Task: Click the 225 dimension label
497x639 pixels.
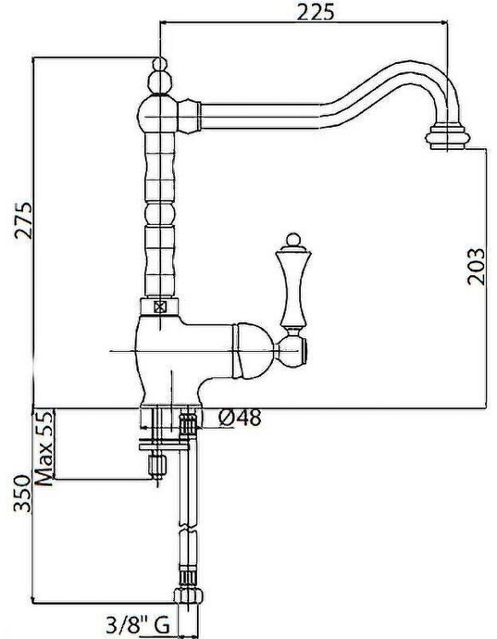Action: tap(315, 12)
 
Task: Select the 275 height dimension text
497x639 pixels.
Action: tap(23, 221)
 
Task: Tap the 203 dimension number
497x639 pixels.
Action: tap(476, 267)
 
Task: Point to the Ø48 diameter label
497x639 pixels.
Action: tap(239, 417)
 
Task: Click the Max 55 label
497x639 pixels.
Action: tap(44, 448)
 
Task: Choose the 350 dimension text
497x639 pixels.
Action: tap(23, 493)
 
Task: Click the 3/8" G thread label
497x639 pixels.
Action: tap(138, 625)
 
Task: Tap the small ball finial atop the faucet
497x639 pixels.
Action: tap(159, 64)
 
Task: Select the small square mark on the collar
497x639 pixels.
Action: tap(160, 307)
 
